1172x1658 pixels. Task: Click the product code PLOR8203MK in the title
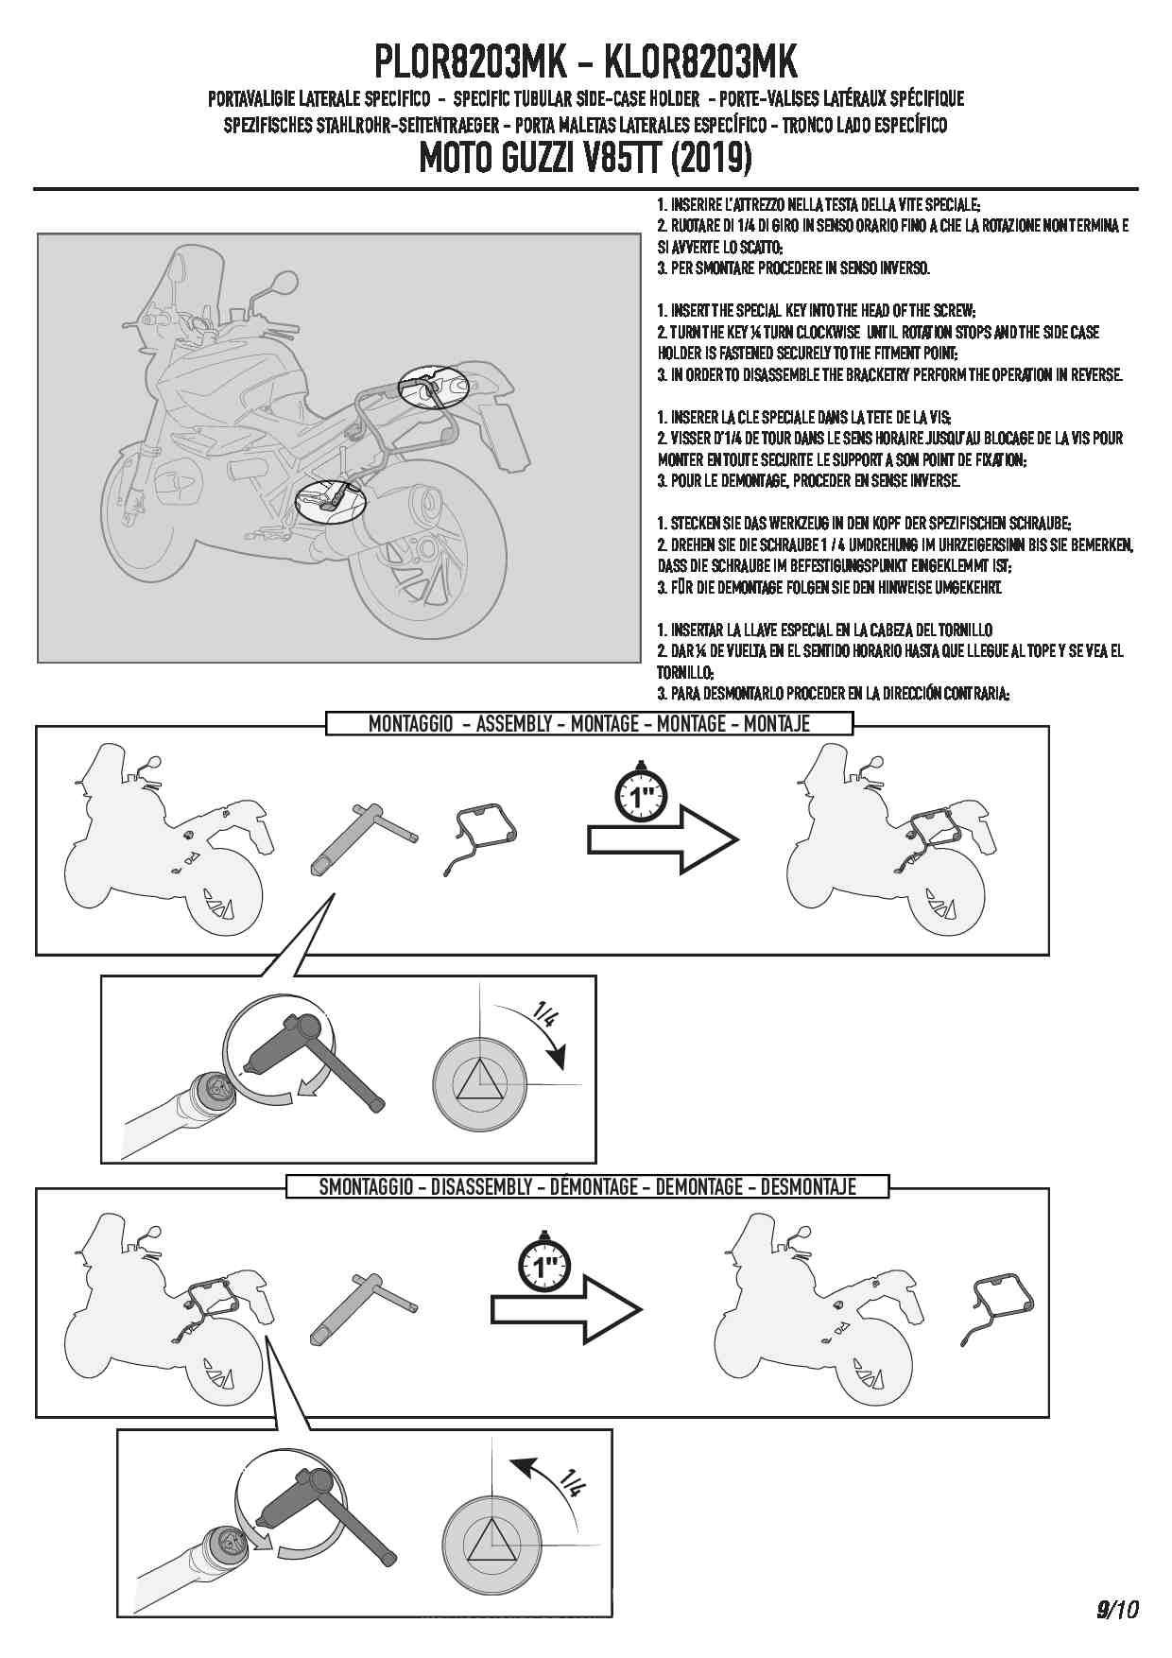coord(471,62)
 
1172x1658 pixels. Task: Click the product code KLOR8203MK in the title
coord(699,62)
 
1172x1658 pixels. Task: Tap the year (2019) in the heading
coord(711,157)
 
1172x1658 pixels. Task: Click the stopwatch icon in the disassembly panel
coord(543,1263)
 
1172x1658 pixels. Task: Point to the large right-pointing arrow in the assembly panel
coord(663,839)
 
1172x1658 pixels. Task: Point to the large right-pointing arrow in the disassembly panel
coord(566,1309)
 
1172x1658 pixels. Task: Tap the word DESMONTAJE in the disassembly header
coord(808,1186)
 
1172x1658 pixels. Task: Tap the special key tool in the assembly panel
coord(362,839)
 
